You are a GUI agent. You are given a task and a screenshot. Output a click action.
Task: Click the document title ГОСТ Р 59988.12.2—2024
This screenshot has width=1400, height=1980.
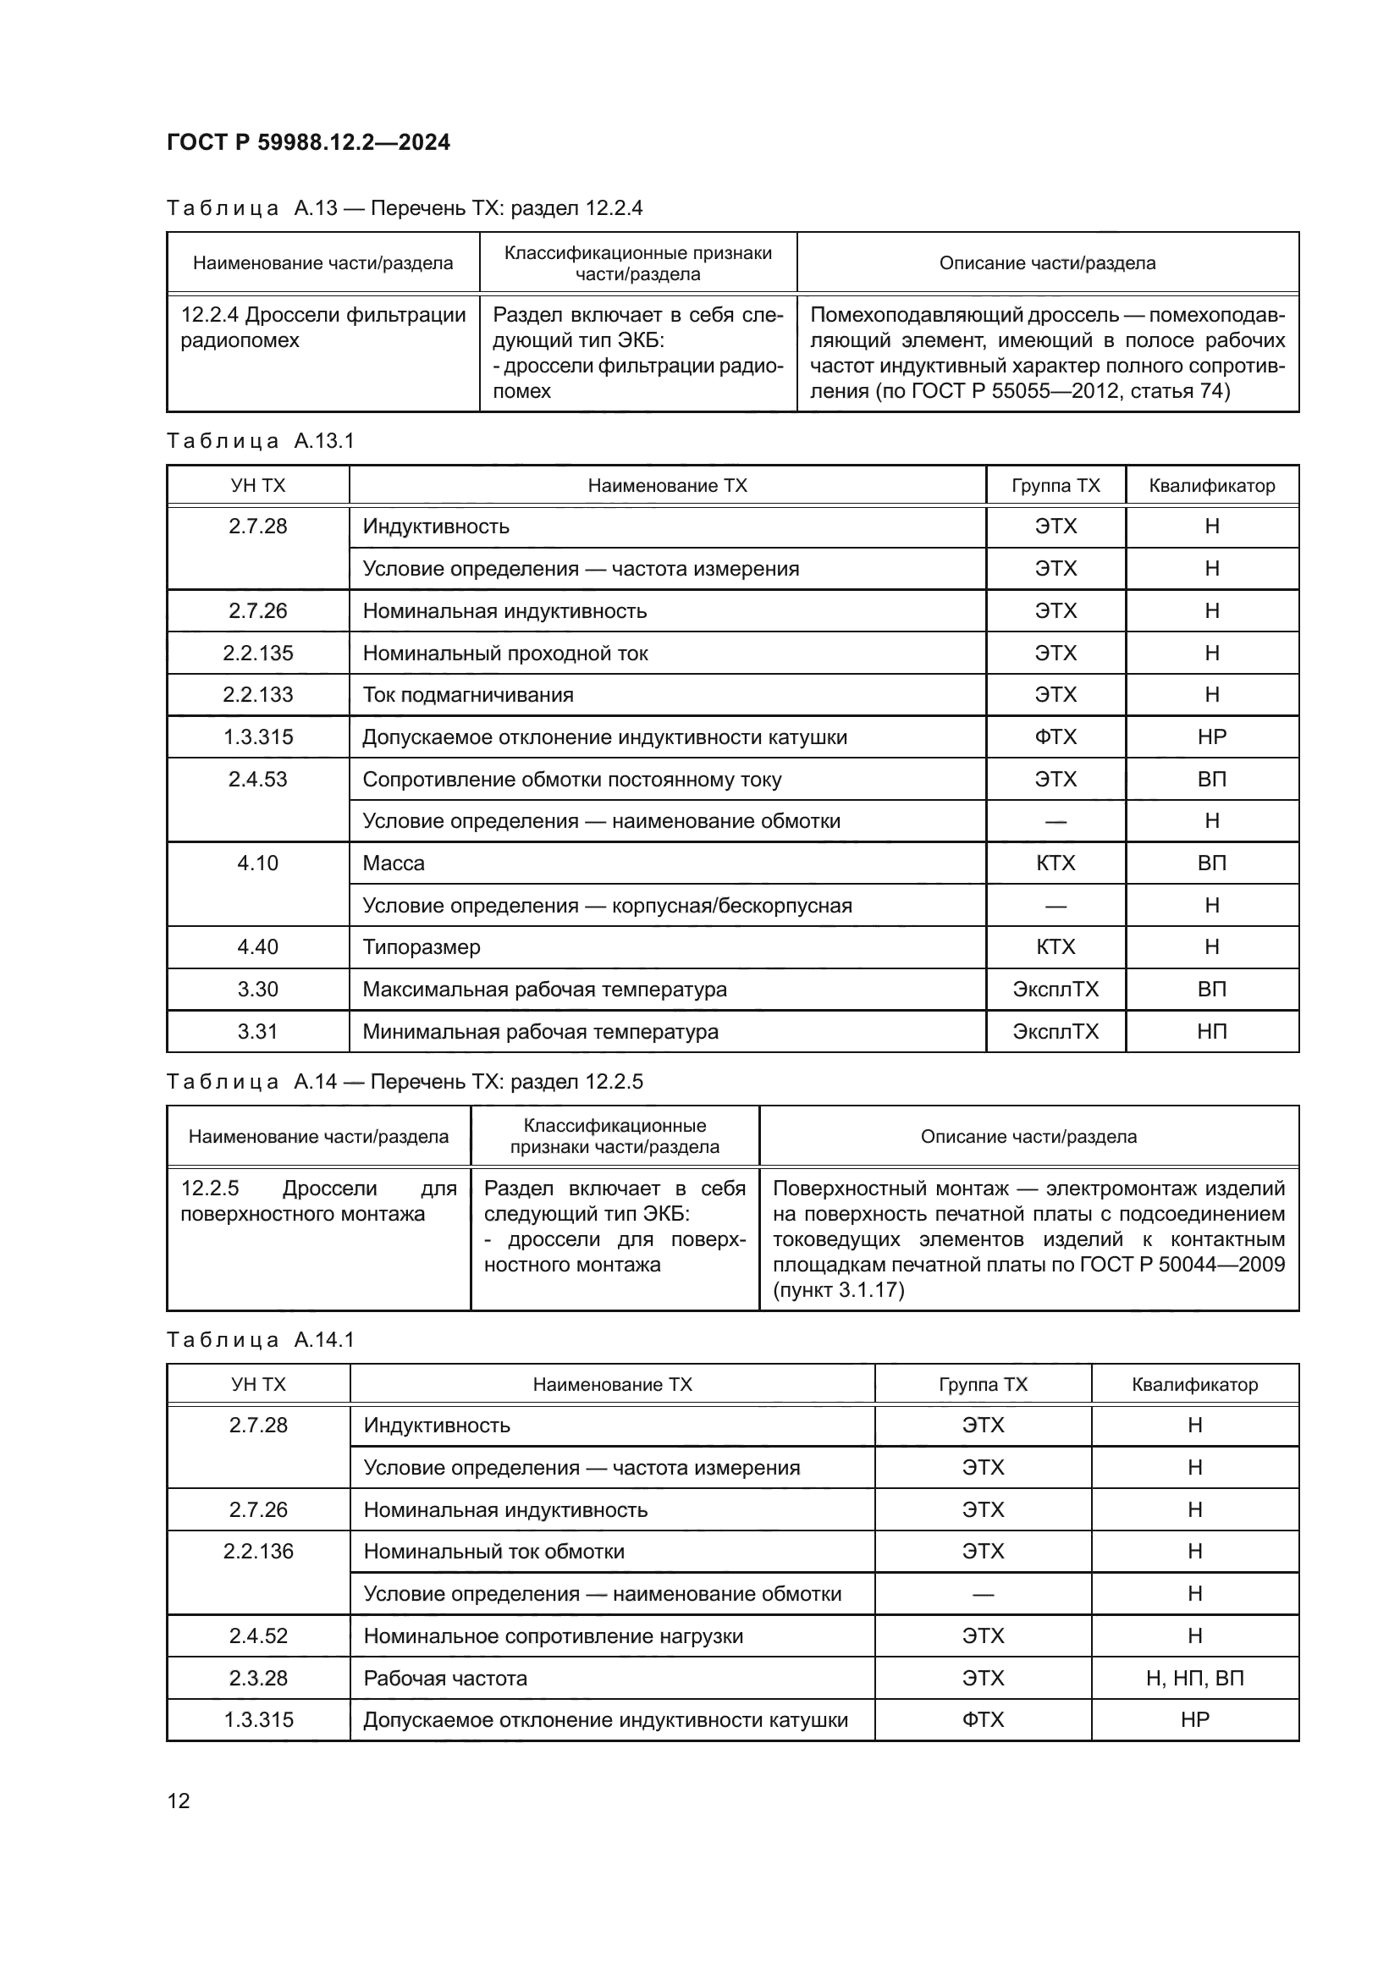tap(308, 142)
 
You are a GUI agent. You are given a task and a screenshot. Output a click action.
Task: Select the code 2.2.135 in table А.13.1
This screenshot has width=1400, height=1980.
tap(258, 653)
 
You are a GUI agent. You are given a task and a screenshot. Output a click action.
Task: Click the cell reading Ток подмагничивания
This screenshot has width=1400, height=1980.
tap(467, 695)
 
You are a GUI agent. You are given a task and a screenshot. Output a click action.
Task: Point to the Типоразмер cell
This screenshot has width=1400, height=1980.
tap(421, 947)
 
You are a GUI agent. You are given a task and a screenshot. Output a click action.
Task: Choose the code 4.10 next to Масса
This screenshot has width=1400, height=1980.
tap(258, 863)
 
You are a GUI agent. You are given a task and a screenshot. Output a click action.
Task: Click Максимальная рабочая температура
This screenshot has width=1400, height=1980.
tap(544, 989)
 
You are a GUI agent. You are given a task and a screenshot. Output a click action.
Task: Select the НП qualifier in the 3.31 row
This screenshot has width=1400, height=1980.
tap(1211, 1031)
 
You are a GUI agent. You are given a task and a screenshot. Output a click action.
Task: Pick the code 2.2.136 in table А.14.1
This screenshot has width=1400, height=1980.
tap(258, 1552)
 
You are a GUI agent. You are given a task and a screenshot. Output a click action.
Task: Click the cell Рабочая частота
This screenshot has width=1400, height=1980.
tap(445, 1678)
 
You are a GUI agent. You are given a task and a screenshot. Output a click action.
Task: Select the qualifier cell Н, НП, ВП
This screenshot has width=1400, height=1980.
tap(1194, 1678)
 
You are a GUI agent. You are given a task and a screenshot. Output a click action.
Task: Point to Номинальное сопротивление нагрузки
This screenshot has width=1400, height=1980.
tap(553, 1636)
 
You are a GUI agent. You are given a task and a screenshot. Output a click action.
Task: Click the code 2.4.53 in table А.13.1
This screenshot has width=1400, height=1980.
tap(258, 780)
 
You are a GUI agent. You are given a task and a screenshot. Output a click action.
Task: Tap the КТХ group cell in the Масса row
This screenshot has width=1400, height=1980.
tap(1056, 863)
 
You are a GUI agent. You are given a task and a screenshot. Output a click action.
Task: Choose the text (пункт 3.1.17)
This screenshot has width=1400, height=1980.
tap(838, 1290)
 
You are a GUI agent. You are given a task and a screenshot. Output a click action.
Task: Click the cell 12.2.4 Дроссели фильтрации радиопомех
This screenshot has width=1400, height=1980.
tap(322, 328)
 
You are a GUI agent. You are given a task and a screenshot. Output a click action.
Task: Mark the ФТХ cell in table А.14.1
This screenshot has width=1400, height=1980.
tap(983, 1719)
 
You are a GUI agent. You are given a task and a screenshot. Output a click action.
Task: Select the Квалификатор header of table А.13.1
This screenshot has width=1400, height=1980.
tap(1211, 486)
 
